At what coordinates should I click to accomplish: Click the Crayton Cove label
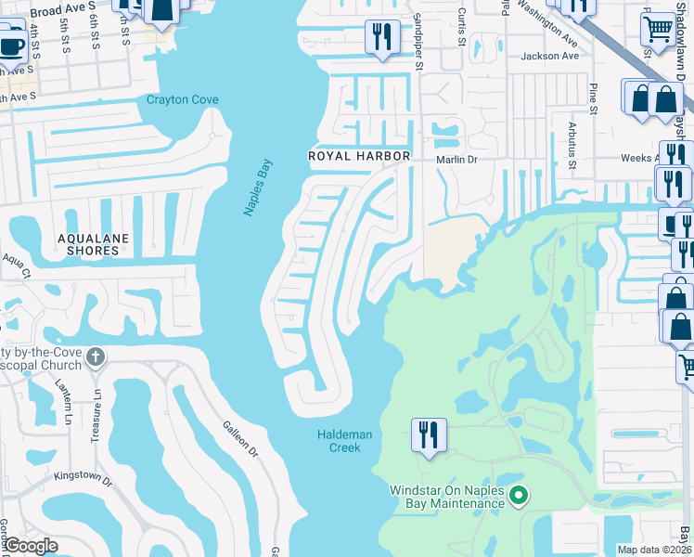(182, 99)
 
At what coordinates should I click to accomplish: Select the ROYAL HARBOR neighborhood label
(359, 157)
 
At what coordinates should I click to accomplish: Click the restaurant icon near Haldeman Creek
(429, 436)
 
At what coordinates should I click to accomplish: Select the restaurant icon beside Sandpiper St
(382, 37)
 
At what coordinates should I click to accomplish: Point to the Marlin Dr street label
(456, 159)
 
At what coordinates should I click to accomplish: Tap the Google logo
(30, 545)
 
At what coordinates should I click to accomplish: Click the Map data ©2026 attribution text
(654, 550)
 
